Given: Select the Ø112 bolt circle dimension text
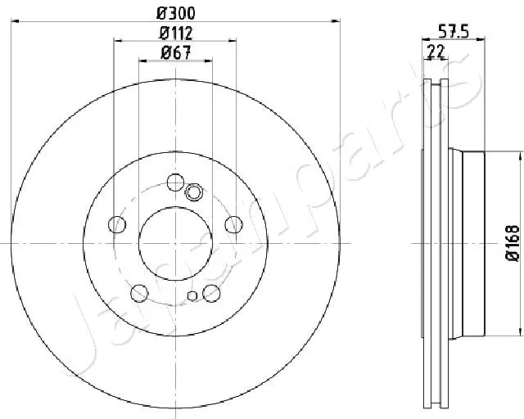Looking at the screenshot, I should [175, 34].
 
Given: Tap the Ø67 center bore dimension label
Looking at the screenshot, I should [175, 54].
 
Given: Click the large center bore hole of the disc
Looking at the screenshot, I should [175, 243].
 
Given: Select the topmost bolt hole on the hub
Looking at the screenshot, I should [175, 182].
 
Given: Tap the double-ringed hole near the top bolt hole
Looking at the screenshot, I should [194, 192].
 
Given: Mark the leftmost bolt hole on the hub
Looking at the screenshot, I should [118, 224].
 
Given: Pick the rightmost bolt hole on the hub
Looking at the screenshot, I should [233, 224].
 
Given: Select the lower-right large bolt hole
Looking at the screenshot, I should [211, 292].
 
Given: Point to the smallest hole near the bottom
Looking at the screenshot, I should [192, 296].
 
